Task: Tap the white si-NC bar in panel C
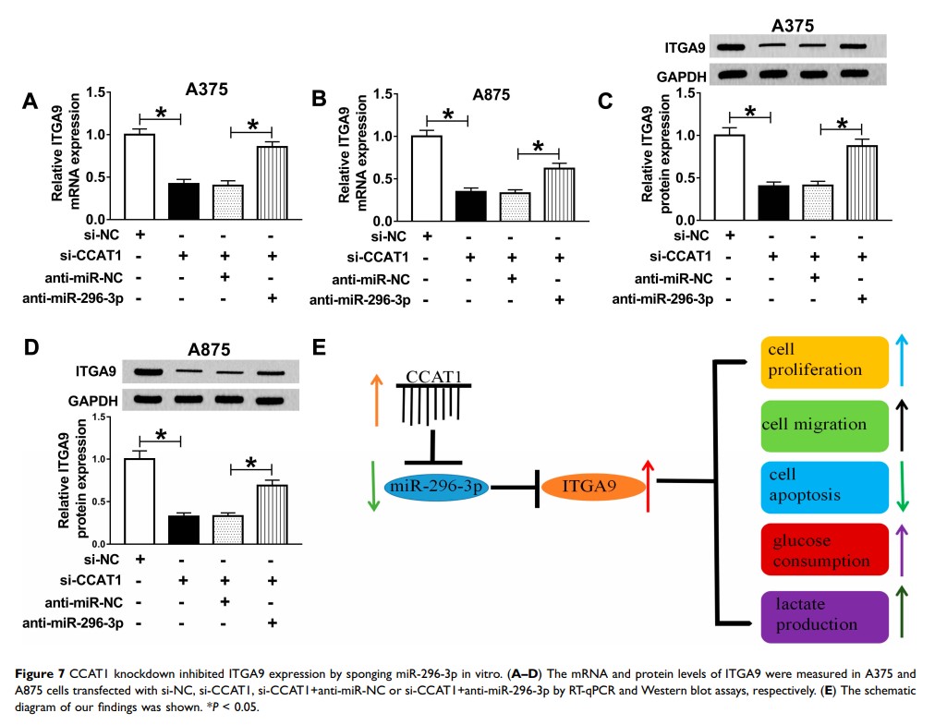pos(729,178)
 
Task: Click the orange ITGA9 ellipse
pos(591,484)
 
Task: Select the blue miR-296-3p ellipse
pos(439,486)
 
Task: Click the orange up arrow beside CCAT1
pos(376,400)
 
